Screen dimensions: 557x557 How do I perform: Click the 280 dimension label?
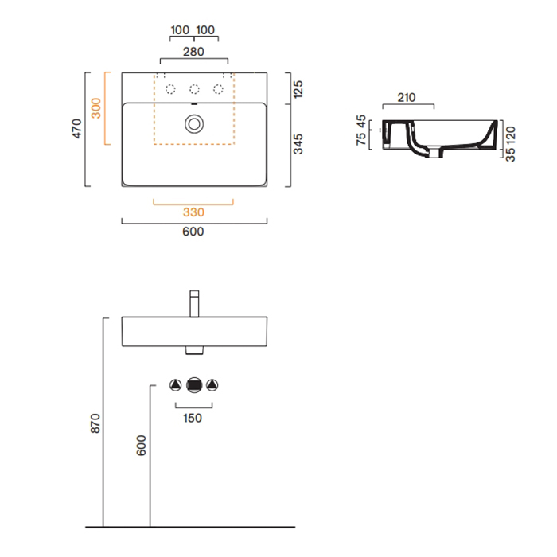click(x=193, y=52)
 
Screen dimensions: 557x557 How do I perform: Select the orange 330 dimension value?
click(x=193, y=212)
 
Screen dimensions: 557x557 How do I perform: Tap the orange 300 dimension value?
click(x=96, y=108)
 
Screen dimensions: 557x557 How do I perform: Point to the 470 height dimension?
click(x=76, y=129)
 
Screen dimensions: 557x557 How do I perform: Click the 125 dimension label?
click(x=298, y=89)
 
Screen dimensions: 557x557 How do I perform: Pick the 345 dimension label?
click(x=298, y=144)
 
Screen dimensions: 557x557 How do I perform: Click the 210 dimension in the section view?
click(x=407, y=97)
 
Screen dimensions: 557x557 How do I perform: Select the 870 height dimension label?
click(x=95, y=423)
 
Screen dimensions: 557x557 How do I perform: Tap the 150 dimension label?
click(x=193, y=418)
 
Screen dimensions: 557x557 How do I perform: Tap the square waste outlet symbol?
click(x=194, y=385)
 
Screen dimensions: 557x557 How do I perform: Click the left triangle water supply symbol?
click(x=176, y=385)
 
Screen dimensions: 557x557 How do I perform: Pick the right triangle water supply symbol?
click(x=212, y=385)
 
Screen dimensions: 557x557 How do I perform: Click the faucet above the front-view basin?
click(x=194, y=304)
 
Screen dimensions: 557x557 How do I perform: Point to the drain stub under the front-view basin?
click(x=194, y=350)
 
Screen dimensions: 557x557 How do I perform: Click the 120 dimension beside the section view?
click(x=510, y=135)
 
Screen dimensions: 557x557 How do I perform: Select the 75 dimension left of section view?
click(x=361, y=139)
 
